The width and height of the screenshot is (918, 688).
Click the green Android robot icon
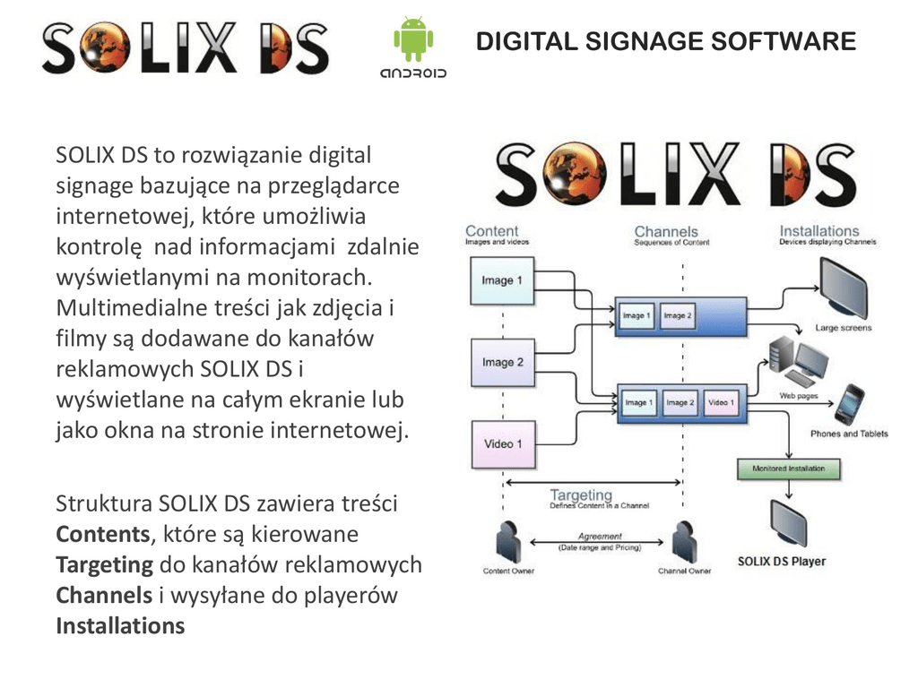412,39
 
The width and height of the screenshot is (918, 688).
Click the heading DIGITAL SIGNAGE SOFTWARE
665,41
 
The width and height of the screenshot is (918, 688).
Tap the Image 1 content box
502,280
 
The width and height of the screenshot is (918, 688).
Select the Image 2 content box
502,363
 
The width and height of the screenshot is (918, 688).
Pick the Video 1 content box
503,444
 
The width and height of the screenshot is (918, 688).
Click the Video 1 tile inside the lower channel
721,403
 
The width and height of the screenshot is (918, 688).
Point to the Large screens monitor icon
843,288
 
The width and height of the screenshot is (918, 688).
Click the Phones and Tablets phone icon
848,405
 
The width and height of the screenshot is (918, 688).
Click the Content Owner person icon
507,542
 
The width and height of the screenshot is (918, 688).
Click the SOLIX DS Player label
781,562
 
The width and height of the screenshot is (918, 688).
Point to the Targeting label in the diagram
581,494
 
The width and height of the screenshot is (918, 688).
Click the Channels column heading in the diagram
665,231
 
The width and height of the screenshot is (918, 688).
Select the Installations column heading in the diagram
818,230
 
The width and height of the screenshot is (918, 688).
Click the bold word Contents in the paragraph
102,535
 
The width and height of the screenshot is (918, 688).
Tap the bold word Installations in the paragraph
120,626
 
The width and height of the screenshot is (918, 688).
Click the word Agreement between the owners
600,537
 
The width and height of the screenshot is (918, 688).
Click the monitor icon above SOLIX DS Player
790,524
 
